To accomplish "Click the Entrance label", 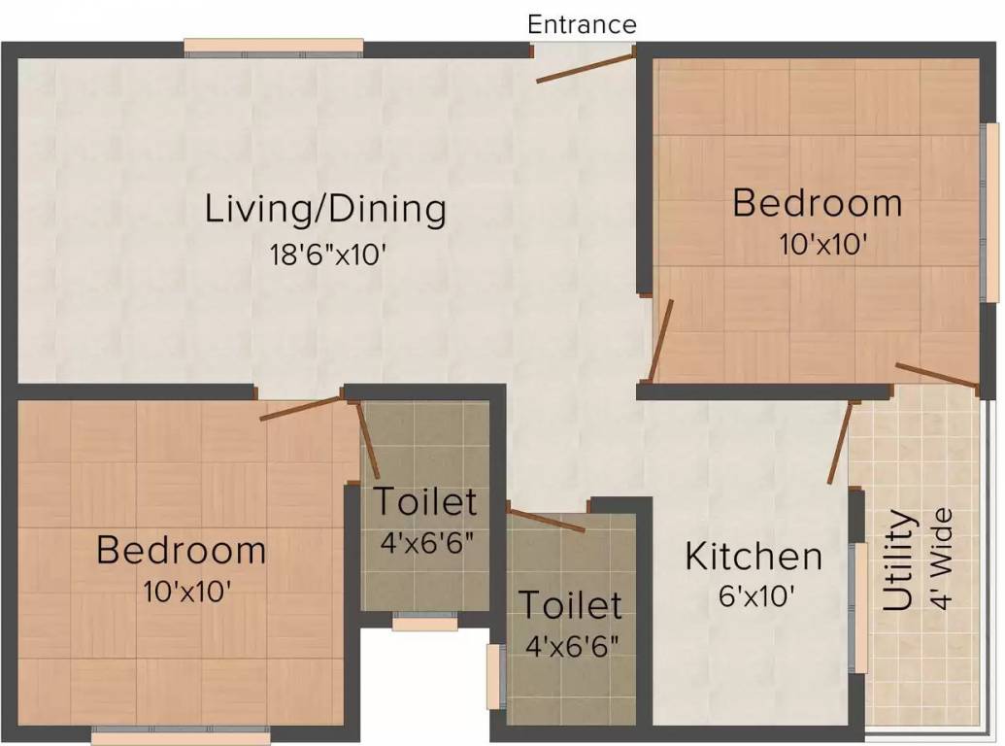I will pos(582,24).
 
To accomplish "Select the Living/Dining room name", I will pos(325,209).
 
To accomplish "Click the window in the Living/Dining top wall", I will pos(274,47).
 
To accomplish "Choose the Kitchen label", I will pos(754,557).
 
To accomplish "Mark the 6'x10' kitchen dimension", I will pos(754,594).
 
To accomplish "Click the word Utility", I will pos(899,560).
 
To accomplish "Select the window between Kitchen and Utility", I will pos(858,608).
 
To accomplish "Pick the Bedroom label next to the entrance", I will pos(817,204).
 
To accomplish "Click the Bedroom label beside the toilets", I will pos(181,550).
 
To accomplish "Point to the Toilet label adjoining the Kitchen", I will pos(569,604).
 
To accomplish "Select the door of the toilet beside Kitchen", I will pos(546,519).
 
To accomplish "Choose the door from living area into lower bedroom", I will pos(303,406).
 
